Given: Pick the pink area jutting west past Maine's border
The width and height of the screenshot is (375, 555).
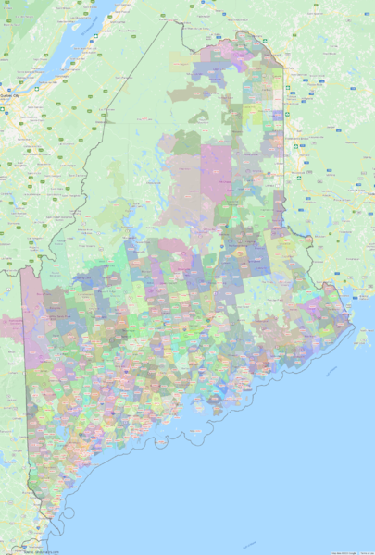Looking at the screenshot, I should click(x=11, y=325).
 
